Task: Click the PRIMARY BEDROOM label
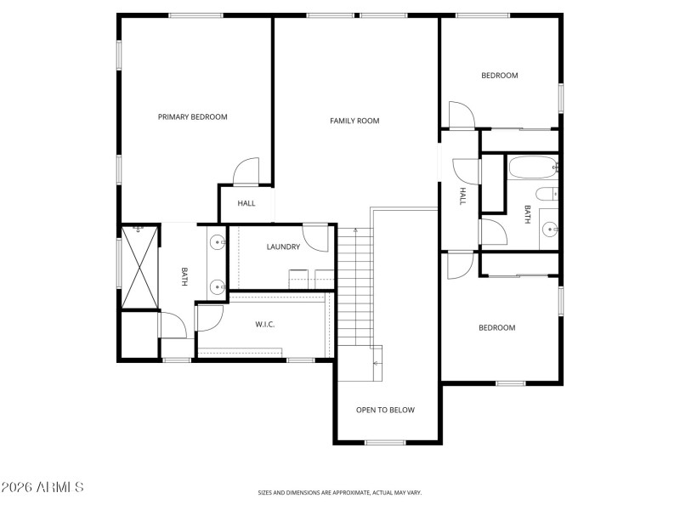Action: [x=193, y=117]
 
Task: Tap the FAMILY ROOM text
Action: [x=354, y=121]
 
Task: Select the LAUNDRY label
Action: [x=283, y=247]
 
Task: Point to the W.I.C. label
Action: [x=265, y=325]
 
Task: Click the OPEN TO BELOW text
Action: [x=385, y=411]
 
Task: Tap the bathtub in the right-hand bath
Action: [x=532, y=167]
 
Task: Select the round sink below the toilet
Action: [x=550, y=228]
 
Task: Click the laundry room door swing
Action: [x=316, y=239]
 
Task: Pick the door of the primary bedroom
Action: [x=246, y=172]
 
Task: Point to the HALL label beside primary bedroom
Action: [x=246, y=203]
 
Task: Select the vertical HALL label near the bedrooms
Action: [x=463, y=196]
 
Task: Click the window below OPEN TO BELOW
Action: [x=385, y=442]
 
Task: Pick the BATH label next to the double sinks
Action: [x=184, y=276]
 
